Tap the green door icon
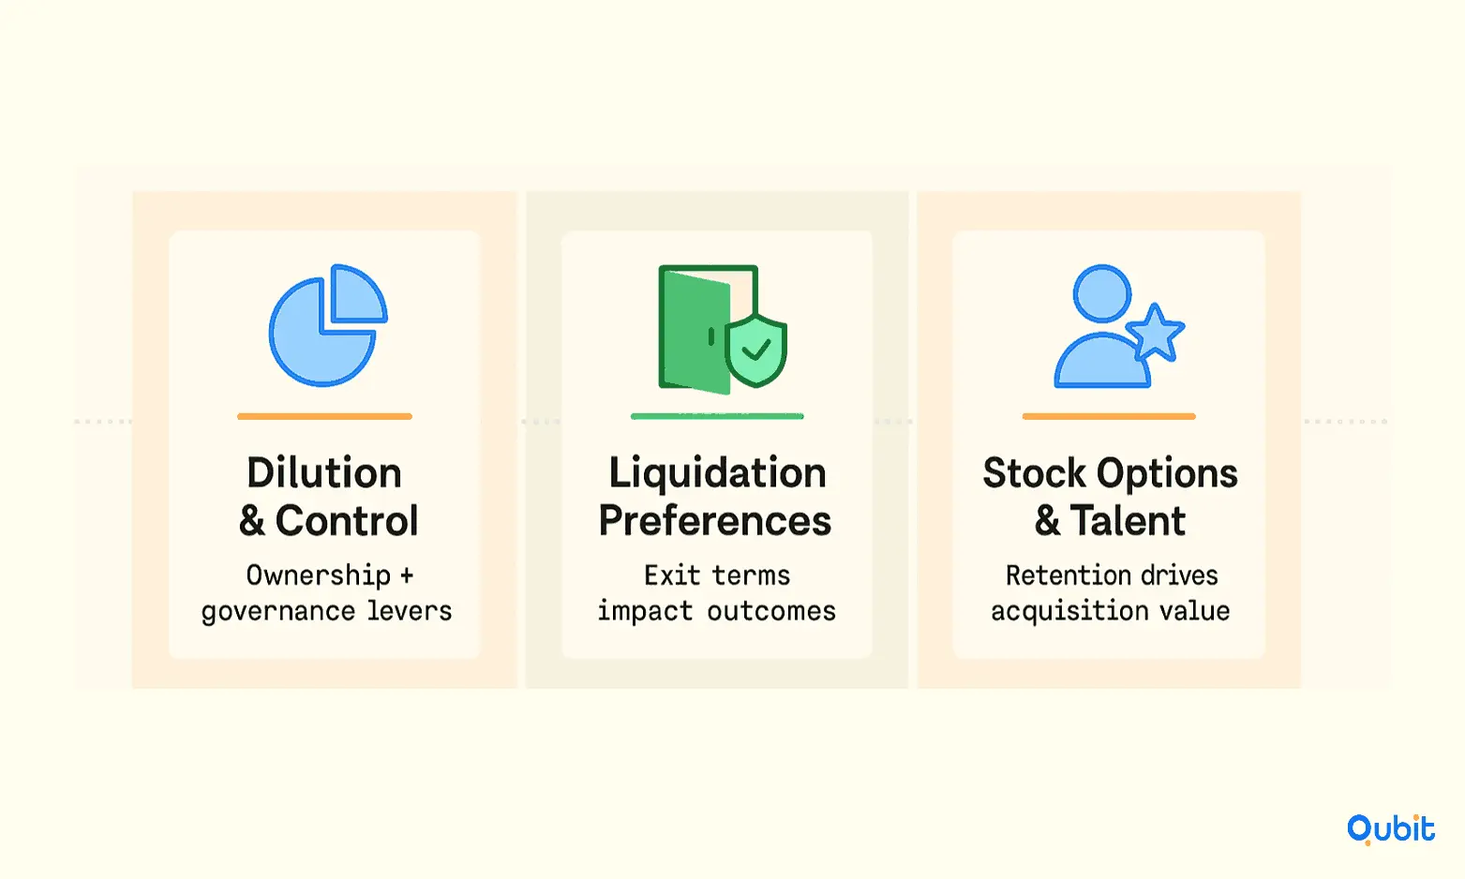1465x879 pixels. point(695,329)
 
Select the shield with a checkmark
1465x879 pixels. point(755,350)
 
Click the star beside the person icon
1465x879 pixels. point(1155,333)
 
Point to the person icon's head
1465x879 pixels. point(1102,293)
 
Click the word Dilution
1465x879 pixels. point(324,473)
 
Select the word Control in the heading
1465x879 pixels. point(347,521)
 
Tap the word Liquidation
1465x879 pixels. point(717,474)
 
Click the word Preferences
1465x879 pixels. point(715,521)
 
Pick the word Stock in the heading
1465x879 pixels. point(1034,473)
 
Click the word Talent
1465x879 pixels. point(1129,521)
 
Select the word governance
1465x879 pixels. point(278,612)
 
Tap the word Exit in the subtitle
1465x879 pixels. point(672,575)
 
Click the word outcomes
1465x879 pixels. point(771,612)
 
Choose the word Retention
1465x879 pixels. point(1067,575)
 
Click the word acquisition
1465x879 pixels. point(1069,612)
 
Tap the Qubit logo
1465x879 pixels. point(1391,829)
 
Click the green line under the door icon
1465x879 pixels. point(717,416)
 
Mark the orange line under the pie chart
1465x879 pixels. point(324,416)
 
